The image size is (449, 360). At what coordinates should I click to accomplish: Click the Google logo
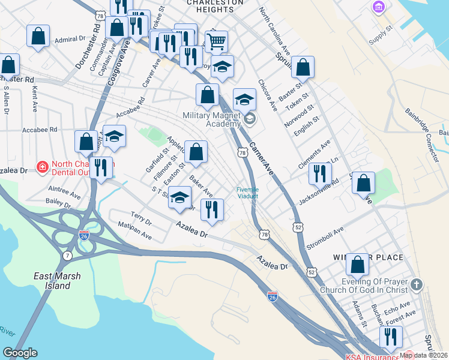click(20, 353)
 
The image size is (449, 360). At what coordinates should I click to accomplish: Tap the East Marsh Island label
click(54, 281)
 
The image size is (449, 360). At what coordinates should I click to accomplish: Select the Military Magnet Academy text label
click(211, 119)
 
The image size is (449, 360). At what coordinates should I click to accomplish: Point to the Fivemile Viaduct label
click(247, 193)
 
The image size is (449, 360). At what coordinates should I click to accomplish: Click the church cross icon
click(417, 283)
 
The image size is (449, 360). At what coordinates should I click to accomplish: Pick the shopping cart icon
click(216, 41)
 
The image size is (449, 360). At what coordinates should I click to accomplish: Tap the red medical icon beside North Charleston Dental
click(42, 166)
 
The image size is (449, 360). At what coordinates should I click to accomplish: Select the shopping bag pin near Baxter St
click(304, 68)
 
